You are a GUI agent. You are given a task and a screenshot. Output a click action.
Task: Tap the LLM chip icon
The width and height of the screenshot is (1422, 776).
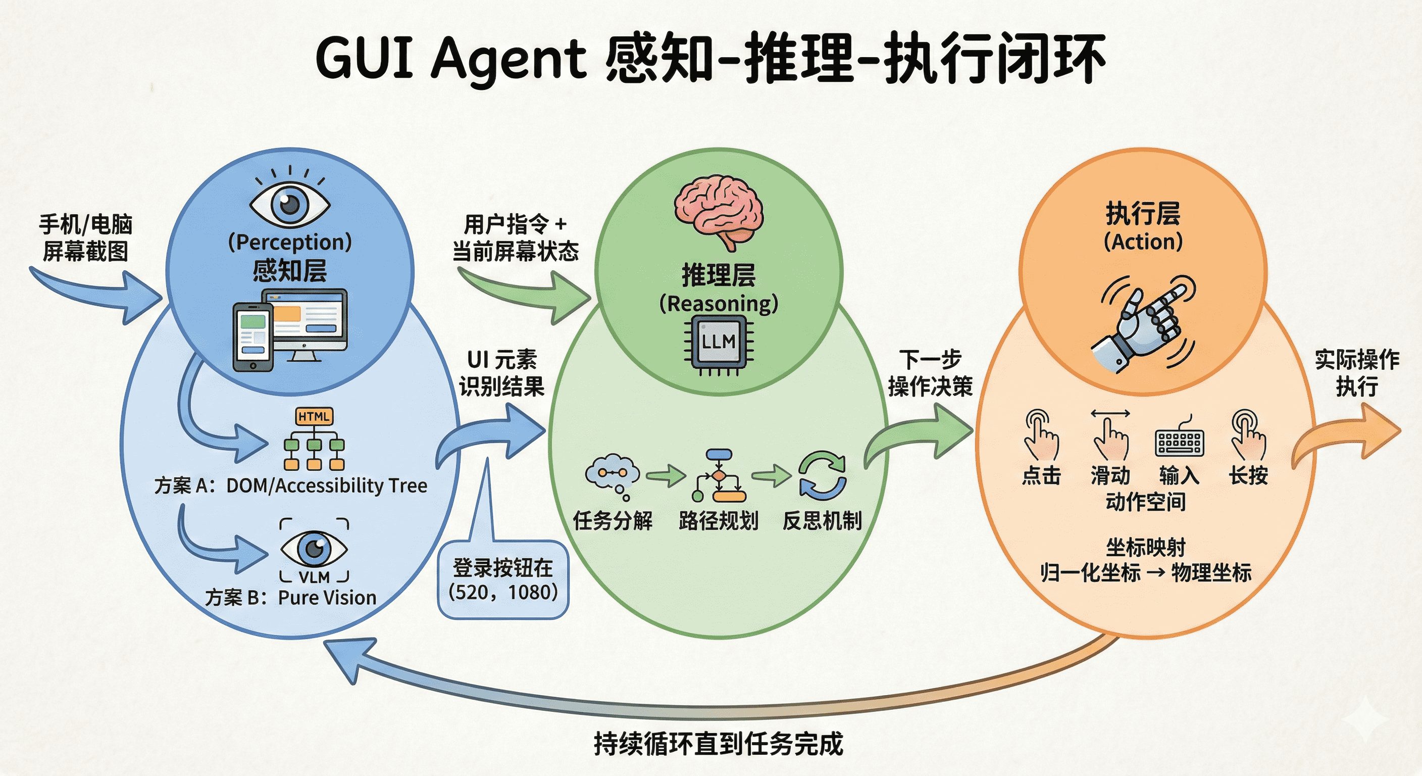718,343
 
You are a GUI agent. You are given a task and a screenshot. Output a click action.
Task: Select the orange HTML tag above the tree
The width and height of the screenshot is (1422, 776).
314,416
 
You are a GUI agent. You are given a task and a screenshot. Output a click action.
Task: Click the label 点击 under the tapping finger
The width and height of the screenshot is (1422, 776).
1041,475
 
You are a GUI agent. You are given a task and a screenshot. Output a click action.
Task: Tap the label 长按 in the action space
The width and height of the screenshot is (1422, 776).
1248,475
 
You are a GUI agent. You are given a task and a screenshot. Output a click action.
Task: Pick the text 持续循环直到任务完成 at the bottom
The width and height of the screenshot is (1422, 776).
718,743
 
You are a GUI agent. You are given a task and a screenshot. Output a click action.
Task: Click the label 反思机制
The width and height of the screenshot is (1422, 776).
822,520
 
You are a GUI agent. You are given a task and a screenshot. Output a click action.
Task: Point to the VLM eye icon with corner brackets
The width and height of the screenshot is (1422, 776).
314,550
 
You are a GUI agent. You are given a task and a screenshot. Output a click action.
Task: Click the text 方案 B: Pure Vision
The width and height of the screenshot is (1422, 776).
291,598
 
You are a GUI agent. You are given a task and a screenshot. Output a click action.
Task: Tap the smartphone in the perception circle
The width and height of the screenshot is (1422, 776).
253,337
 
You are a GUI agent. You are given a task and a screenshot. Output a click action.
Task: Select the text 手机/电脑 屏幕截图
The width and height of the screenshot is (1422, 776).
85,238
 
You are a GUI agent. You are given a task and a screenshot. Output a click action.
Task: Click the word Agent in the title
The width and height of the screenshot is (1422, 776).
508,59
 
